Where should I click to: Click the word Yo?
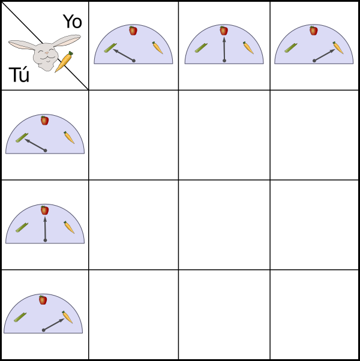tap(73, 22)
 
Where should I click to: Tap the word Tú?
tap(19, 74)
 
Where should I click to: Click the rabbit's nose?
tap(47, 53)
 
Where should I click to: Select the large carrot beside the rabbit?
tap(64, 62)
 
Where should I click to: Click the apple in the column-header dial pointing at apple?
tap(224, 31)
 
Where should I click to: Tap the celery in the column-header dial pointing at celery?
tap(110, 48)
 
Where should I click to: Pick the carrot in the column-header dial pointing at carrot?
tap(338, 47)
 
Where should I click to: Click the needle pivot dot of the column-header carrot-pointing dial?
tap(314, 61)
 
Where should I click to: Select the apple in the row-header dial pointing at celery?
tap(44, 121)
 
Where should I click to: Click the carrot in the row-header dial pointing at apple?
tap(69, 227)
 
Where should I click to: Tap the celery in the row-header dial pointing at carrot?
tap(20, 317)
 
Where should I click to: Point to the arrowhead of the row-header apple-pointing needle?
tap(45, 219)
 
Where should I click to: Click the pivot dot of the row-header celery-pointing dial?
tap(46, 151)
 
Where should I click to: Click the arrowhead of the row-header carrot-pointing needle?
tap(62, 320)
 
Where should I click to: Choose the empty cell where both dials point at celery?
tap(134, 135)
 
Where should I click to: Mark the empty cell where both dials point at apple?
tap(224, 225)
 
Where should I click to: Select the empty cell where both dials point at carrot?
tap(314, 314)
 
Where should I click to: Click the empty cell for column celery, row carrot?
tap(134, 314)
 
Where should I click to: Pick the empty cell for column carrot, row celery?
tap(314, 135)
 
